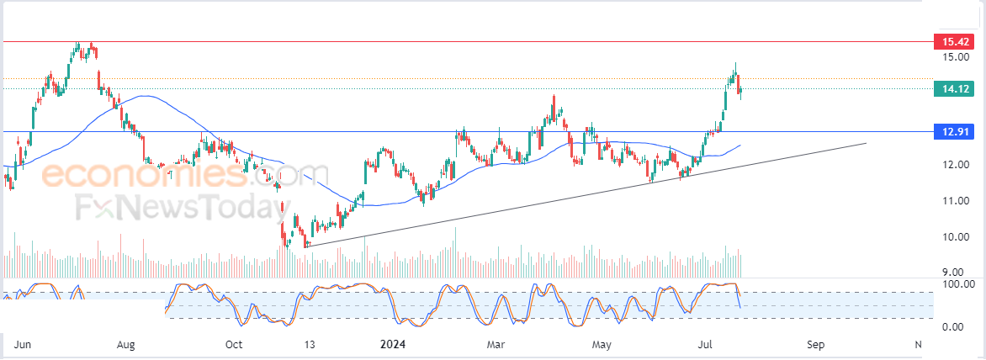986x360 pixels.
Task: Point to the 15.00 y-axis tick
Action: click(x=954, y=57)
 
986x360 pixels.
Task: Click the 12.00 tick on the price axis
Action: click(x=954, y=165)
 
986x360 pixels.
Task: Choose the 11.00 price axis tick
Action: click(x=954, y=201)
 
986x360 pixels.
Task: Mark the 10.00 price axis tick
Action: click(x=954, y=237)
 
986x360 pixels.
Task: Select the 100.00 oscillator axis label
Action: click(x=958, y=284)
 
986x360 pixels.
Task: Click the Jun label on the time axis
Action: click(x=24, y=345)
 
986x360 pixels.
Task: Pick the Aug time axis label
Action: click(x=125, y=345)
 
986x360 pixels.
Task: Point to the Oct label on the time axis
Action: click(x=234, y=345)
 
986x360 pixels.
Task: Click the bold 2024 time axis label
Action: click(x=394, y=345)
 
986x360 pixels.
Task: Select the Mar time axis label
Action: click(x=496, y=345)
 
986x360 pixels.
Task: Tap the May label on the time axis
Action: click(x=601, y=345)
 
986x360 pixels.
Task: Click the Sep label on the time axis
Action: click(x=814, y=345)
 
